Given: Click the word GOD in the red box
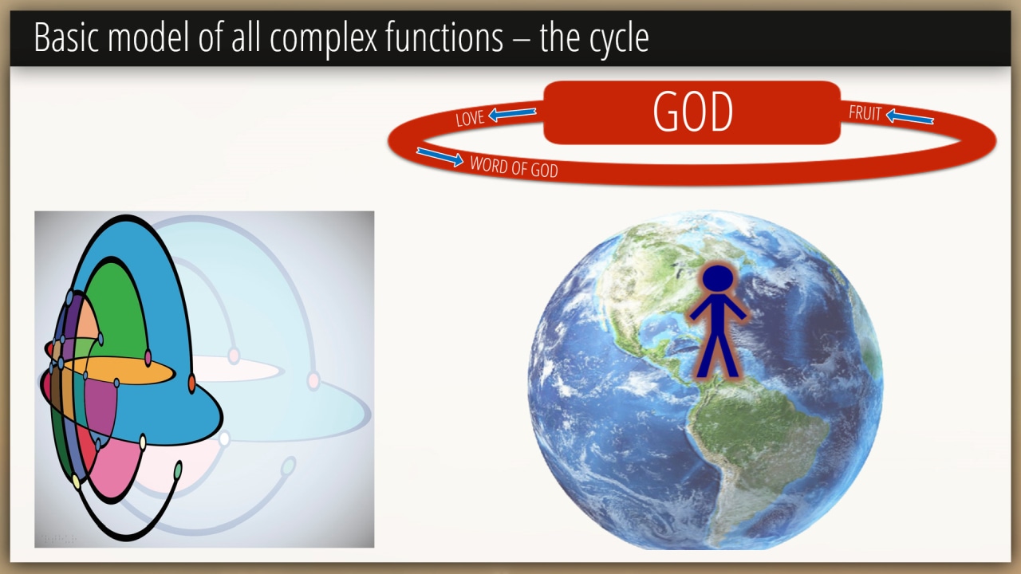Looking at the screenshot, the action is coord(693,112).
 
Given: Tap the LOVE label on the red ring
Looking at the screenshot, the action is coord(470,119).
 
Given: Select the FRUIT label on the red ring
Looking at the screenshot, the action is coord(865,113).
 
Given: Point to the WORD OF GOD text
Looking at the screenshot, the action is coord(514,167).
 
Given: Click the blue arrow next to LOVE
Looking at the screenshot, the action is coord(512,113).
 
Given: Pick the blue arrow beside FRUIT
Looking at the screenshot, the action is coord(910,117).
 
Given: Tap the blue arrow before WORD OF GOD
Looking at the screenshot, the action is coord(440,156).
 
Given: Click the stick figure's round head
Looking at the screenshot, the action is coord(717,278).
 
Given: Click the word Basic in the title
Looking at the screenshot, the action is coord(66,37).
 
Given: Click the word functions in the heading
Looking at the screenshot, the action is coord(444,37).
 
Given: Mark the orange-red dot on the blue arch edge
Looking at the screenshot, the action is coord(192,383).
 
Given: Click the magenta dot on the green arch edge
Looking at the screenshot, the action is coord(148,358).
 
